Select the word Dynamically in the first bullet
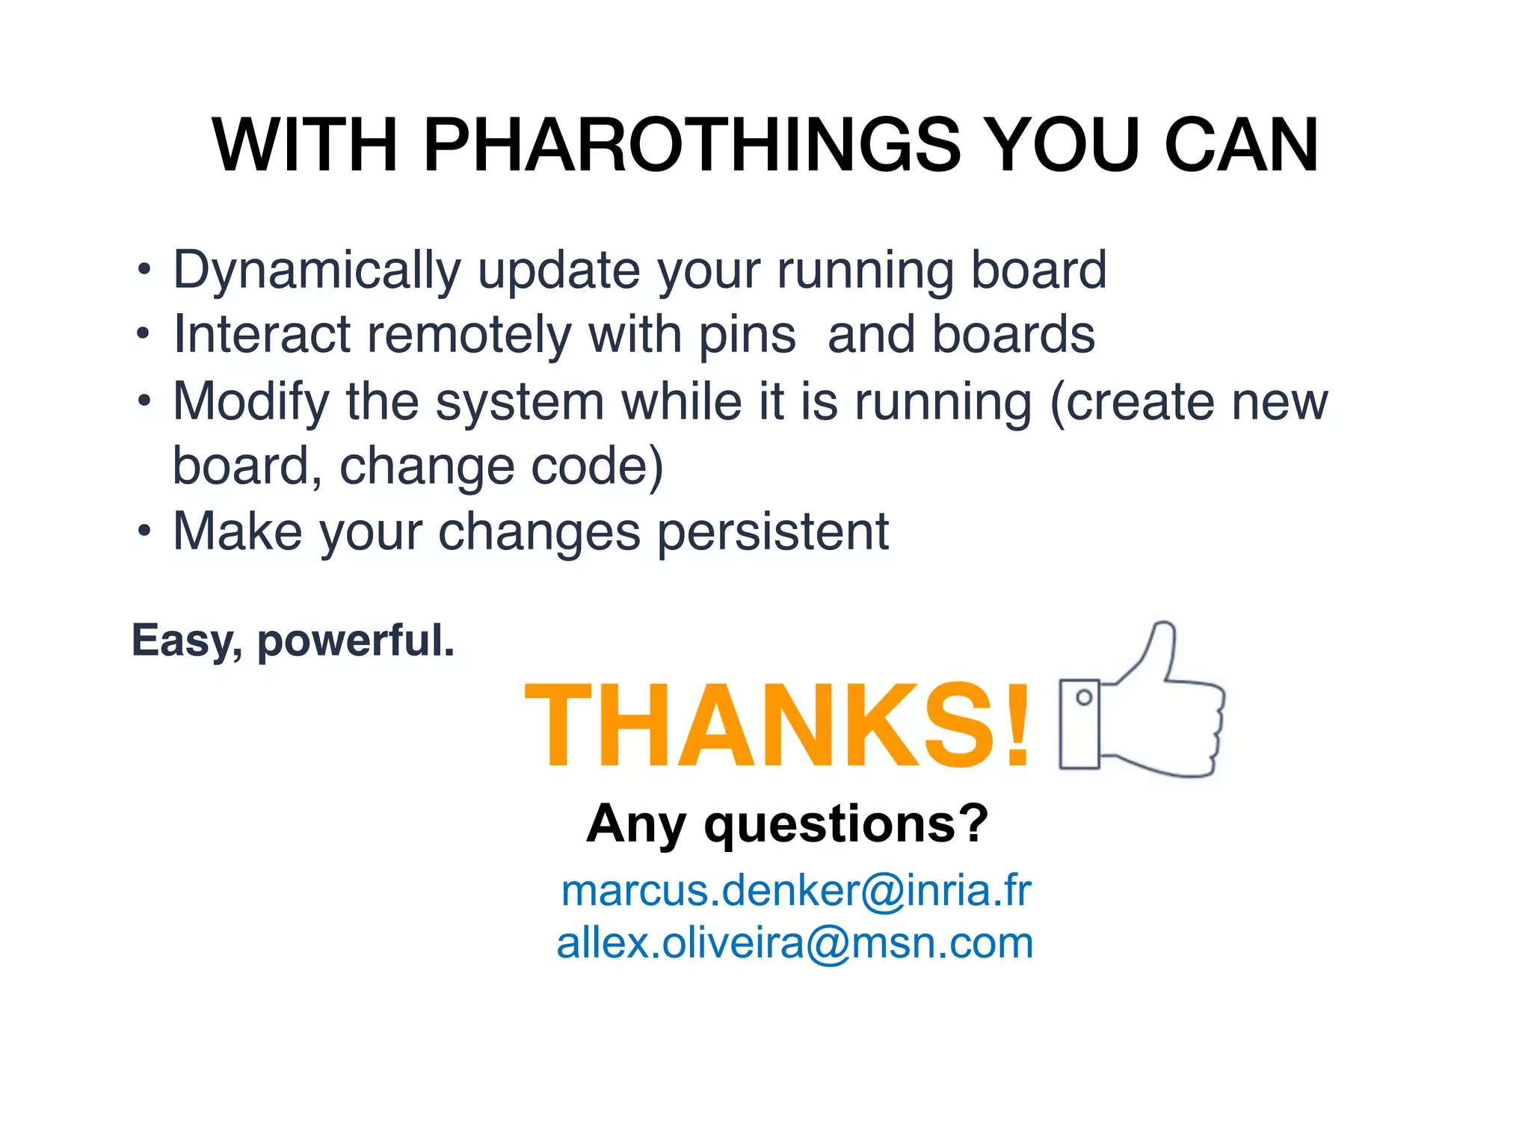tap(317, 271)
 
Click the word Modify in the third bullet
tap(251, 402)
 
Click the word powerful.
tap(356, 641)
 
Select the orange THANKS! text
tap(778, 725)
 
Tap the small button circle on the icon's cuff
tap(1084, 698)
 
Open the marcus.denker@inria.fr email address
tap(795, 890)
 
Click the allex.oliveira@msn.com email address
tap(795, 942)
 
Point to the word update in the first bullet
tap(558, 271)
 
